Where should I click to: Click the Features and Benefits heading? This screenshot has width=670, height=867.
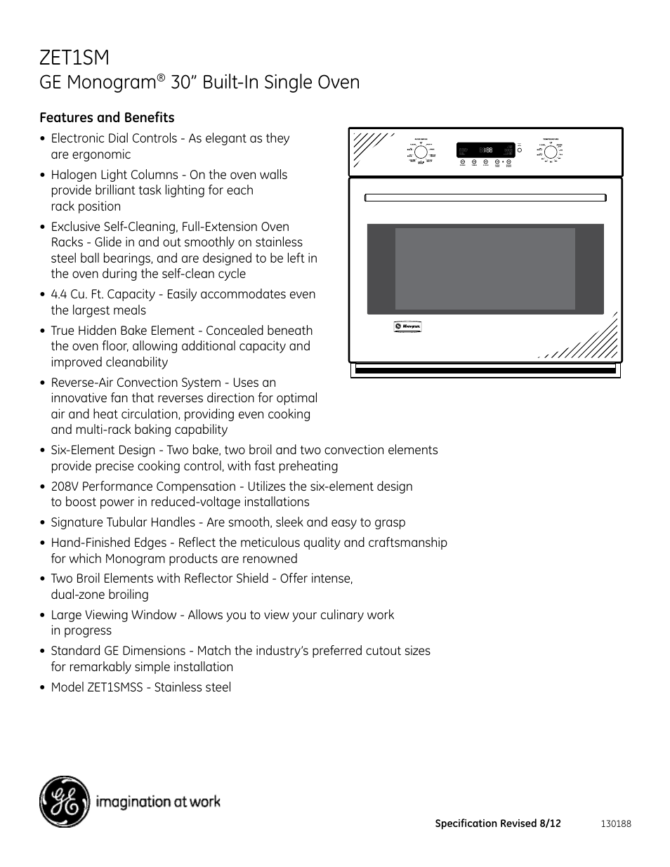pyautogui.click(x=107, y=117)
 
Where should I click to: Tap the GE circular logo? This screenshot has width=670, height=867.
pyautogui.click(x=65, y=802)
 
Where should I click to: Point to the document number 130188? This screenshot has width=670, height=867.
pyautogui.click(x=616, y=823)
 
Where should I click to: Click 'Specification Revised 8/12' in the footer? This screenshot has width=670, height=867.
pyautogui.click(x=498, y=823)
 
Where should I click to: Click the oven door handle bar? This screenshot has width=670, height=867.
pyautogui.click(x=485, y=197)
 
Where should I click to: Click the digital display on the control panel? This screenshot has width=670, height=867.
pyautogui.click(x=485, y=150)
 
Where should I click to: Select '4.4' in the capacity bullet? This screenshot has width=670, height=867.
pyautogui.click(x=59, y=294)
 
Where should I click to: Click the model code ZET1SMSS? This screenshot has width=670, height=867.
pyautogui.click(x=115, y=687)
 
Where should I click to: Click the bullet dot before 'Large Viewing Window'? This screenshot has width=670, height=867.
pyautogui.click(x=43, y=616)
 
